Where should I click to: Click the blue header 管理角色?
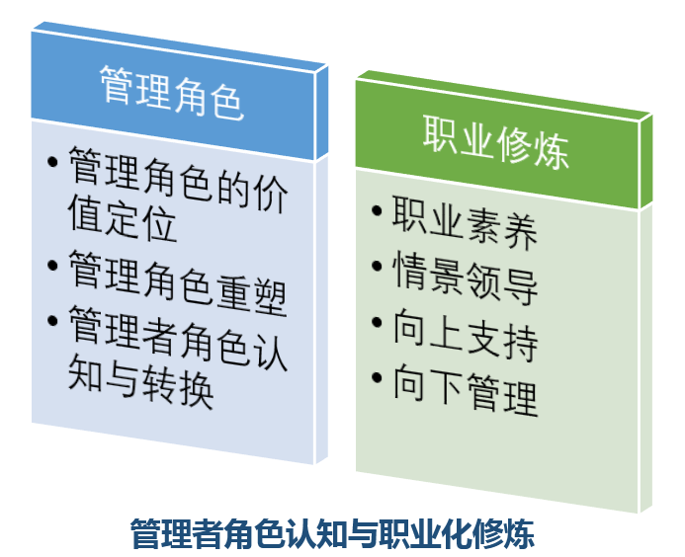coord(172,93)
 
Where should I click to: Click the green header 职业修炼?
coord(496,142)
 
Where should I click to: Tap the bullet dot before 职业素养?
coord(377,210)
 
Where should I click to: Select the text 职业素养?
coord(465,222)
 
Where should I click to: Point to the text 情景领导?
coord(466,278)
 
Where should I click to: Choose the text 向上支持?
coord(466,334)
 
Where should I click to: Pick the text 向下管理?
coord(466,389)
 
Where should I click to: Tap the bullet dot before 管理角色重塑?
coord(52,265)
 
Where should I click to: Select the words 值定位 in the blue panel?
coord(123,217)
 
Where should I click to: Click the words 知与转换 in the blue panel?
coord(140,381)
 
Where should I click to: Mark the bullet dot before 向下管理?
coord(377,377)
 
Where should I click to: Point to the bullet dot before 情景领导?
coord(377,266)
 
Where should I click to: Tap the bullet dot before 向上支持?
coord(377,322)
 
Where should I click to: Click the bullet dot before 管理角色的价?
coord(52,162)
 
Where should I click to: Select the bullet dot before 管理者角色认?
coord(52,320)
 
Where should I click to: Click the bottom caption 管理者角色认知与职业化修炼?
coord(332,533)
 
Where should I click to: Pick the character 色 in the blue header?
coord(226,102)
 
